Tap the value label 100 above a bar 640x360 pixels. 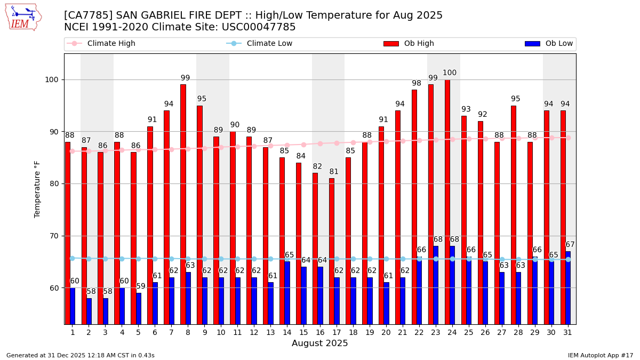point(450,73)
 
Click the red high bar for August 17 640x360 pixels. point(332,251)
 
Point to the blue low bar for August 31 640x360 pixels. point(568,287)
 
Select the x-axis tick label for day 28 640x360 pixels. point(518,332)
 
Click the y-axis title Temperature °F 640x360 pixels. point(37,189)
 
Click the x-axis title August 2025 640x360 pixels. point(319,343)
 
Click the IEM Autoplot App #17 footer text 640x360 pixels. point(601,355)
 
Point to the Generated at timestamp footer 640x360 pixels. point(81,355)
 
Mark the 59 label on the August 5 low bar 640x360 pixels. point(141,286)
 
